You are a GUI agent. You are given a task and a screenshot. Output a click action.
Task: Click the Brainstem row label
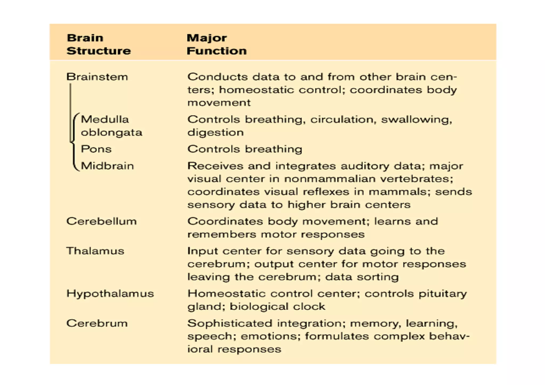[x=97, y=77]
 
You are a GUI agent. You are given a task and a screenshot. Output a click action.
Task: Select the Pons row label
[x=96, y=149]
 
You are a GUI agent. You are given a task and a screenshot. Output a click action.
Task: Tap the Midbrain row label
[x=107, y=166]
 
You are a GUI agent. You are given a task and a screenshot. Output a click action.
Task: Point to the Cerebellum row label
[x=101, y=221]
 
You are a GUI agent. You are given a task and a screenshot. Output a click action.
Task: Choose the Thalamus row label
[x=95, y=251]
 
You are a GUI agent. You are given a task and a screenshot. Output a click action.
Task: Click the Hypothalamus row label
[x=110, y=294]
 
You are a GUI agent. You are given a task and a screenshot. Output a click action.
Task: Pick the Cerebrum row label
[x=97, y=323]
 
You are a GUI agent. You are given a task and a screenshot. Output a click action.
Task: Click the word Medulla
[x=105, y=119]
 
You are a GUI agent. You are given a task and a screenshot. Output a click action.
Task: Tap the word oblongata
[x=112, y=133]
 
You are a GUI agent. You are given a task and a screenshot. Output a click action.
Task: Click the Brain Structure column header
[x=98, y=44]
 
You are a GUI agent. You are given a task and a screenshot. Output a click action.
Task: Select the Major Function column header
[x=217, y=44]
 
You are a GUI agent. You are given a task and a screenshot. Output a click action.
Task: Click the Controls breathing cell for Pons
[x=245, y=149]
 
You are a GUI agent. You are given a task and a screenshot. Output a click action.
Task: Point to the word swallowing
[x=416, y=120]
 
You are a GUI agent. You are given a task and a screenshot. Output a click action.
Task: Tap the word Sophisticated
[x=230, y=324]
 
